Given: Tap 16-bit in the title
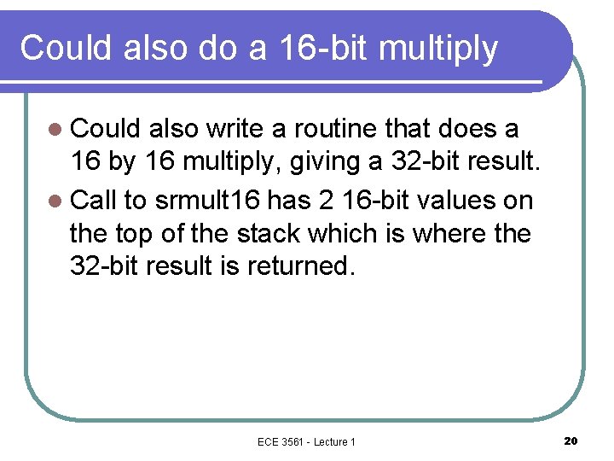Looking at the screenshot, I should tap(325, 48).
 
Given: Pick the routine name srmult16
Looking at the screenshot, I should tap(208, 201).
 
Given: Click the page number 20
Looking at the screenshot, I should tap(571, 441).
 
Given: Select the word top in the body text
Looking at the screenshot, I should tap(144, 233).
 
